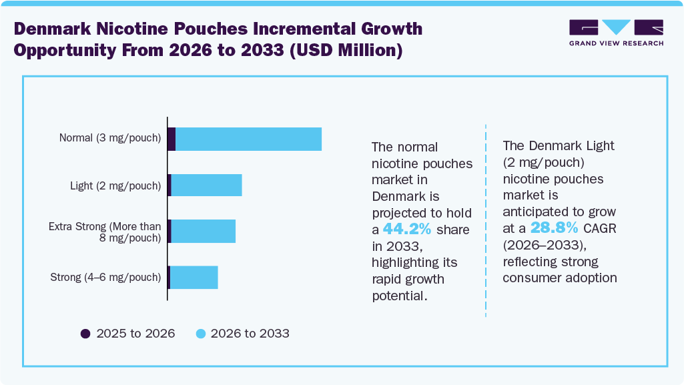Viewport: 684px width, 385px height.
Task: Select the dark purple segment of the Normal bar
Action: tap(172, 139)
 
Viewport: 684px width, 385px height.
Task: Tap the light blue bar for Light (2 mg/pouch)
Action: tap(206, 185)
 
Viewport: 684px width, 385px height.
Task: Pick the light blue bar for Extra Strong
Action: tap(204, 231)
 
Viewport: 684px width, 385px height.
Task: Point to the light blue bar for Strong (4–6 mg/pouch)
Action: tap(194, 277)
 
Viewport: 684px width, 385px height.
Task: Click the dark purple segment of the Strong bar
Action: tap(169, 277)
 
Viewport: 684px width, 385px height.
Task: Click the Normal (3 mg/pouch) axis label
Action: tap(110, 139)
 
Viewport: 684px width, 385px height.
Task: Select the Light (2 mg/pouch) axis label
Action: tap(115, 185)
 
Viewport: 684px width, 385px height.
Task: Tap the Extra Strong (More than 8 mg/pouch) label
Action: tap(105, 232)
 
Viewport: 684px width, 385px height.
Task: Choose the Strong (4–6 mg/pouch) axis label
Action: tap(105, 277)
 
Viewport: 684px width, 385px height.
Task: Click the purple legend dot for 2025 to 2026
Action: tap(85, 334)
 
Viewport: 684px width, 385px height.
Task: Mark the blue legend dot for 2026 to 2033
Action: tap(200, 334)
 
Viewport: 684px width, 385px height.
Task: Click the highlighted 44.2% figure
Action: tap(406, 230)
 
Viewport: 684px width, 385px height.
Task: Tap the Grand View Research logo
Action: tap(616, 33)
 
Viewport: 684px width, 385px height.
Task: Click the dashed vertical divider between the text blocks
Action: tap(486, 220)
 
